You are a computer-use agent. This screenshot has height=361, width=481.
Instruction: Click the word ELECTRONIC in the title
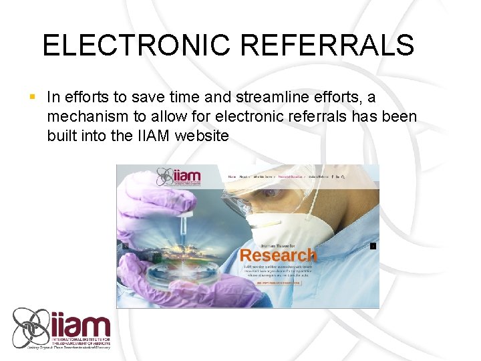click(134, 45)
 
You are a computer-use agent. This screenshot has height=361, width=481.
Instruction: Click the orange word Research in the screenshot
click(278, 255)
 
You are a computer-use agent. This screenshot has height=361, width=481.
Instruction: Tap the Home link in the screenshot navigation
click(232, 176)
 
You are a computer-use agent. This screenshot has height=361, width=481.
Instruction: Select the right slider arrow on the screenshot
click(373, 246)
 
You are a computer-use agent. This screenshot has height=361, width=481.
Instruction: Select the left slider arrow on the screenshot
click(125, 246)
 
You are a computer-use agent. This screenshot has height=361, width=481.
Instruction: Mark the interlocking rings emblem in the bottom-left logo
click(32, 327)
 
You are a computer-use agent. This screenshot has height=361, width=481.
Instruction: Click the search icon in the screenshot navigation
click(343, 176)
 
